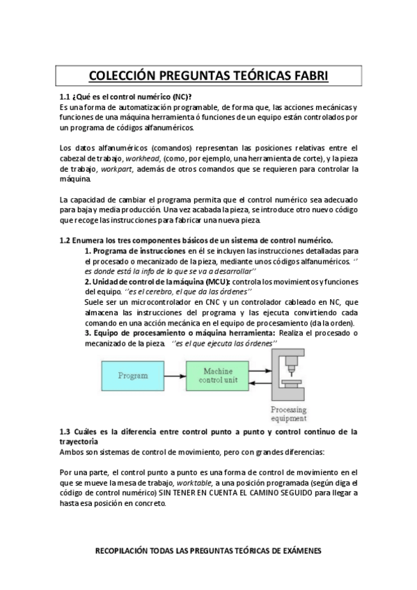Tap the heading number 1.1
[65, 97]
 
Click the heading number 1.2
[65, 239]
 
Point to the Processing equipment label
[288, 414]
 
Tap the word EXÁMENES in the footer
[296, 550]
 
